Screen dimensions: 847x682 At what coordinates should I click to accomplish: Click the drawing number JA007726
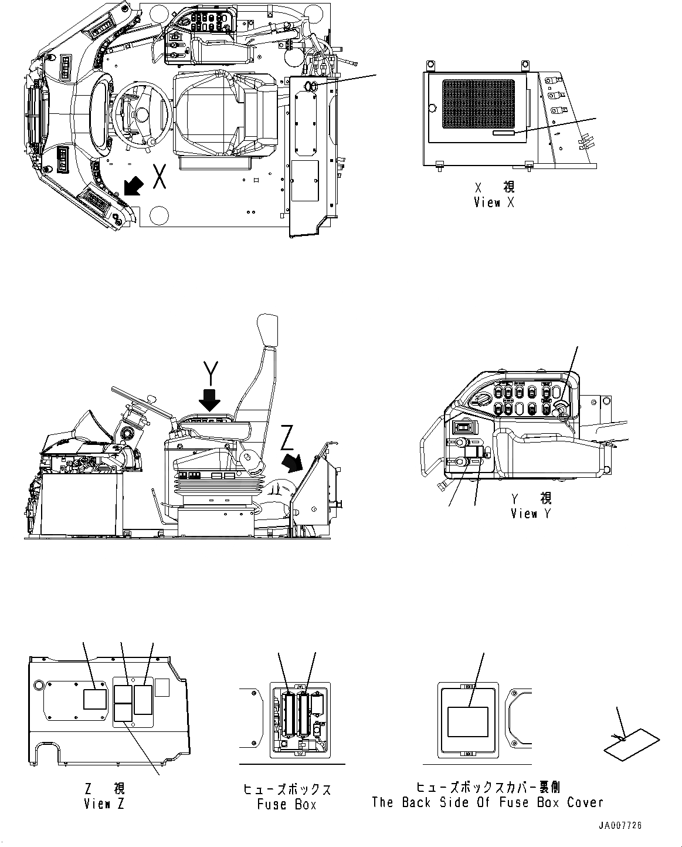[x=620, y=825]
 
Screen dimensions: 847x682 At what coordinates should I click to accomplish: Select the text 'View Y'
[x=524, y=514]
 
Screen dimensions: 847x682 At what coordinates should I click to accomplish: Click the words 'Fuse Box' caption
[x=287, y=804]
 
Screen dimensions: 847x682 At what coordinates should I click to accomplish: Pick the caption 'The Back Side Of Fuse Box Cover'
[x=487, y=802]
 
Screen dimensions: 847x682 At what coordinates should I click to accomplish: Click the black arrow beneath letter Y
[x=209, y=400]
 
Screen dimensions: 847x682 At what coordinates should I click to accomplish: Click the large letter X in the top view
[x=159, y=177]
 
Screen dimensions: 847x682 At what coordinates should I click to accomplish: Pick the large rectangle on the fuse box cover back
[x=468, y=721]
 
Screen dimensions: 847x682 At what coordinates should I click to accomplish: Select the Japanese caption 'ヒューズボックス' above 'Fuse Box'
[x=287, y=789]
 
